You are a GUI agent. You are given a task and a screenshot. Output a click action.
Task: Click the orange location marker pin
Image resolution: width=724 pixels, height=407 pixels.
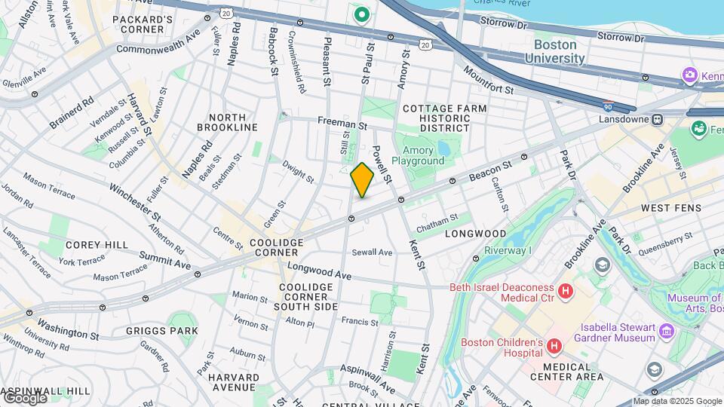(362, 179)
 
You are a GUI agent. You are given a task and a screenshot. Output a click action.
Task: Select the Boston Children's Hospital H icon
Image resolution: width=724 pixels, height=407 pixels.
(554, 347)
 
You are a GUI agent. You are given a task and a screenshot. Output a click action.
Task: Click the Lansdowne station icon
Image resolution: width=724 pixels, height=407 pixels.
(658, 119)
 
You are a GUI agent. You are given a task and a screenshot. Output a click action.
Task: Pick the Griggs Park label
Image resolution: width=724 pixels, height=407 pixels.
(162, 330)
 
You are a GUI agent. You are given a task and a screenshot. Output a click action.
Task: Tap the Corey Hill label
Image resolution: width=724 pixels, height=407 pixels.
(90, 245)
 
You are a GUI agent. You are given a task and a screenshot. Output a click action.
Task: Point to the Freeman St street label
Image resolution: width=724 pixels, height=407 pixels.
(342, 121)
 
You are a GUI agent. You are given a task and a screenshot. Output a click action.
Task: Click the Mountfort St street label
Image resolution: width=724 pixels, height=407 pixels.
(488, 80)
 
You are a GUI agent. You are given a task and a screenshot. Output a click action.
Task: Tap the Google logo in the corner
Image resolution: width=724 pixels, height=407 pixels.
(24, 397)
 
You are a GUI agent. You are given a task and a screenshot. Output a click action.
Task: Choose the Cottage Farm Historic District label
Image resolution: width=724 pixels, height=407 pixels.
(444, 118)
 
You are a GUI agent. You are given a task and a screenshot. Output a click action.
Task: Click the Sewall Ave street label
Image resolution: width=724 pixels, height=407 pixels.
(371, 252)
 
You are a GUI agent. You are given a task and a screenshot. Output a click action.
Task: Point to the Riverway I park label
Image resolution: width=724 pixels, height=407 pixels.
(508, 250)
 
